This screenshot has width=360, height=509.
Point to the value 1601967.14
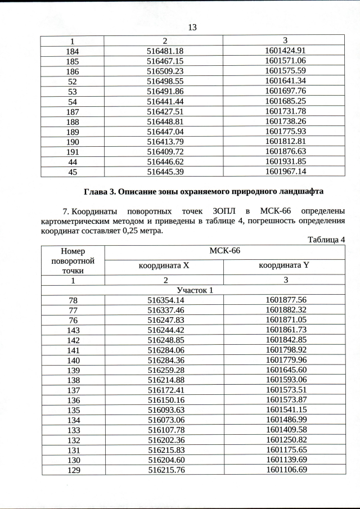285,172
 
